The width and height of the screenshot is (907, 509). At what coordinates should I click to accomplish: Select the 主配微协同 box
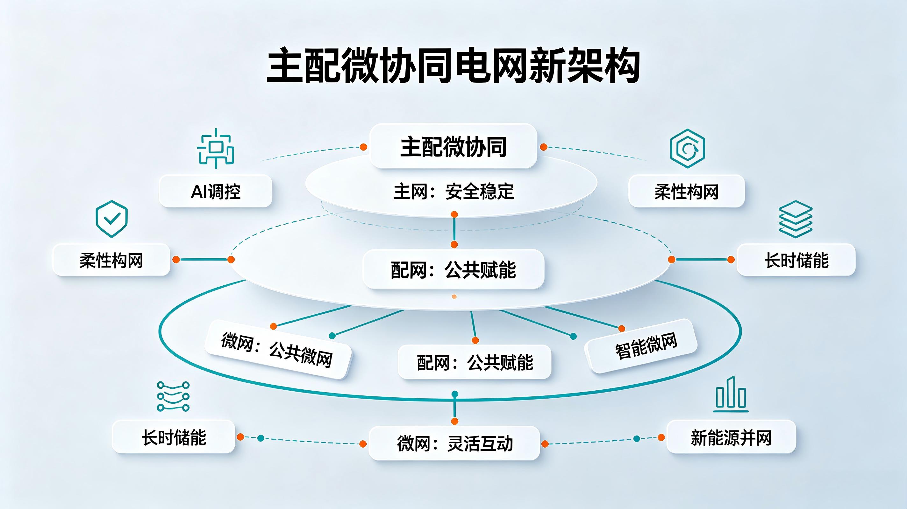coord(453,146)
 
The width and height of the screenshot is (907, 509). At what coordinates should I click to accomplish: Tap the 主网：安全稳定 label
coord(453,192)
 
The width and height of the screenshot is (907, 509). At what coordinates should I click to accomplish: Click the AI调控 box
coord(216,191)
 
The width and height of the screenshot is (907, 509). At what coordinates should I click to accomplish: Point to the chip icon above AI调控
coord(216,148)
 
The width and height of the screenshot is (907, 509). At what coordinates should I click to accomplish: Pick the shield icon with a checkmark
coord(111,219)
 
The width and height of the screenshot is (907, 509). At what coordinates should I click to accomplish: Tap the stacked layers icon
coord(796,219)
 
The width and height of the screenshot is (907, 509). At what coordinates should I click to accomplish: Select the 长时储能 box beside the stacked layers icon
coord(796,260)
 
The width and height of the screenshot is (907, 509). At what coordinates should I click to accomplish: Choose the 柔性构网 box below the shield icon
coord(111,260)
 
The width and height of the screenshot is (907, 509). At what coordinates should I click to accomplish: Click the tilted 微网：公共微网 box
coord(278,349)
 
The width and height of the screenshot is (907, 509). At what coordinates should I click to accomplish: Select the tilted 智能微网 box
coord(641,346)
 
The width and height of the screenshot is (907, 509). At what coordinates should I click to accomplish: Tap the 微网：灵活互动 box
coord(454,443)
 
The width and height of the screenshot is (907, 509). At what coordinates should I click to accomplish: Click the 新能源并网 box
coord(731,436)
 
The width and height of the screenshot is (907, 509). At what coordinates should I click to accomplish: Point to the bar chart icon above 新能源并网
coord(731,394)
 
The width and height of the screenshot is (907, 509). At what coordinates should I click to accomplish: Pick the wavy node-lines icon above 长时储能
coord(173,396)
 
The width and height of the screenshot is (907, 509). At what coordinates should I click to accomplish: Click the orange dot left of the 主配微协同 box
coord(363,147)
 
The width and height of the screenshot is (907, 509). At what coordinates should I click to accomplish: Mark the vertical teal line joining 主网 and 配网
coord(454,229)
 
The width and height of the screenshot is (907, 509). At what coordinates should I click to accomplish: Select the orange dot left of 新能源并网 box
coord(661,437)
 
